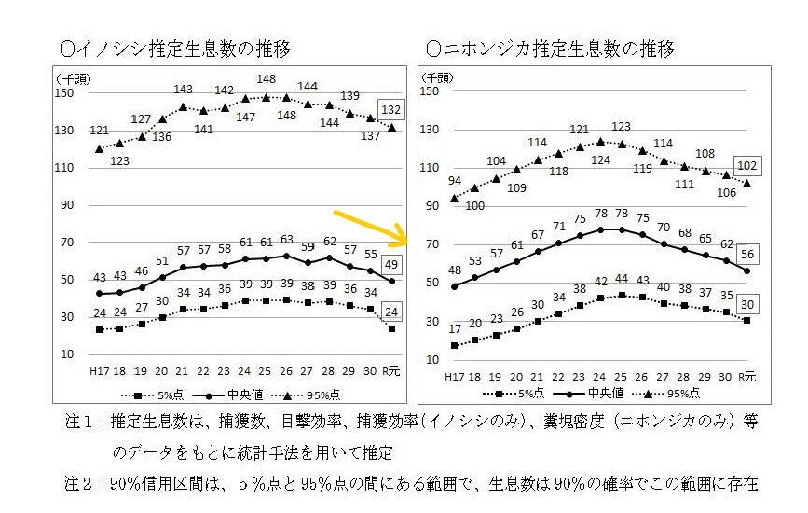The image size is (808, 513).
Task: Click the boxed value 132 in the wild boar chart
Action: tap(391, 109)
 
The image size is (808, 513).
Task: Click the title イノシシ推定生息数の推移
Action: tap(175, 47)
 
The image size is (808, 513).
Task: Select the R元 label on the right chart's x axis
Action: tap(746, 376)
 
